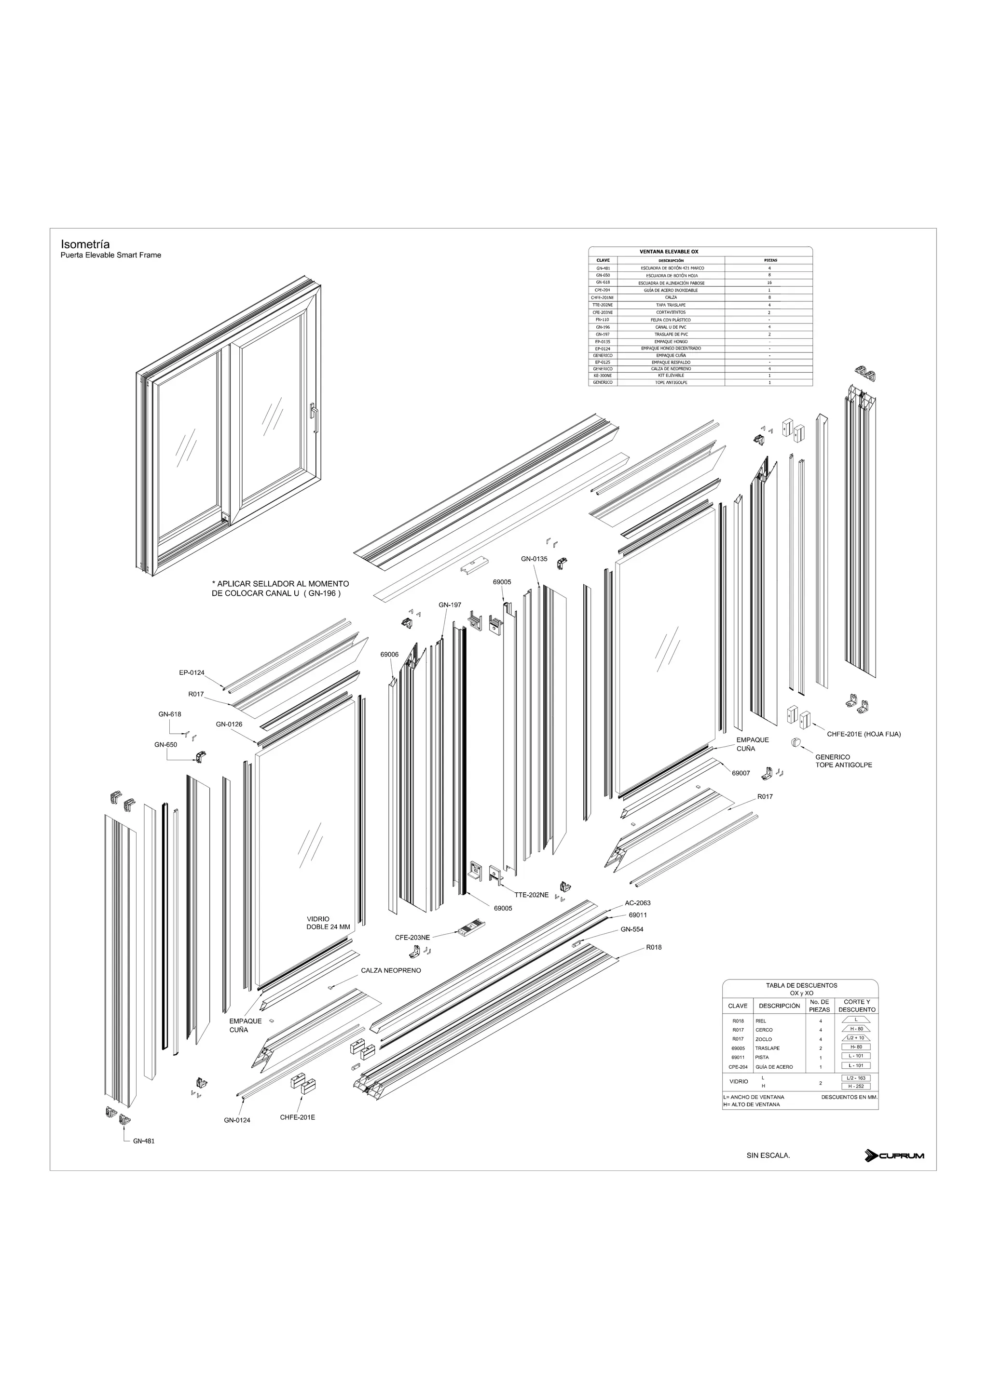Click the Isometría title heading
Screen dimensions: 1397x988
pyautogui.click(x=85, y=244)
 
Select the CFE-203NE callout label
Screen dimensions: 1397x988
pyautogui.click(x=412, y=938)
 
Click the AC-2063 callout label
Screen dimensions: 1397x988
pyautogui.click(x=637, y=903)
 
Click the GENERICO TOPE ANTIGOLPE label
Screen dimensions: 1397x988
pyautogui.click(x=843, y=761)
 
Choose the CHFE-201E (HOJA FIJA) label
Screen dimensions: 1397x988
pyautogui.click(x=863, y=734)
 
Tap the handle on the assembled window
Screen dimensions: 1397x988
pyautogui.click(x=314, y=417)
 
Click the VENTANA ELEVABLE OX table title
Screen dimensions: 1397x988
pyautogui.click(x=669, y=251)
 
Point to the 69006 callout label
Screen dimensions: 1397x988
pyautogui.click(x=390, y=654)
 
